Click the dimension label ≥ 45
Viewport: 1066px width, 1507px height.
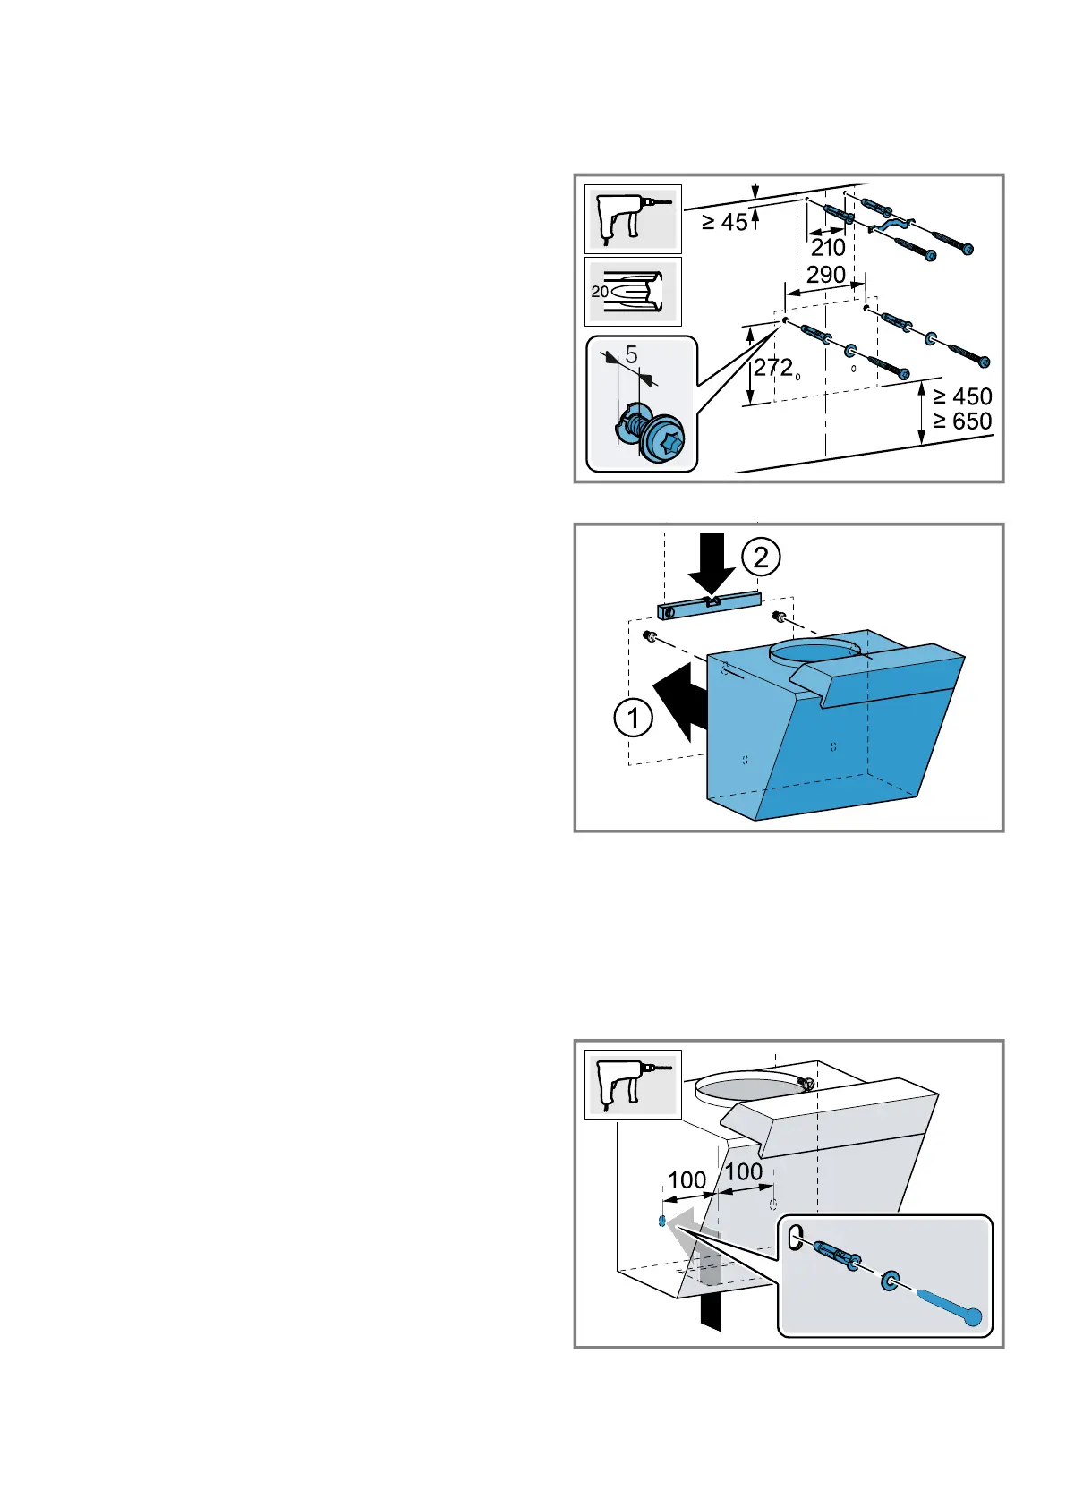(x=724, y=221)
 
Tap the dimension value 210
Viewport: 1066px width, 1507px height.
(x=828, y=247)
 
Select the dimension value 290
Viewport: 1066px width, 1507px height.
(x=825, y=275)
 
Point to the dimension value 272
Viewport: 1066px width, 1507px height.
(x=773, y=367)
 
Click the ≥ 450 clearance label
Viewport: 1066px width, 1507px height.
(x=962, y=396)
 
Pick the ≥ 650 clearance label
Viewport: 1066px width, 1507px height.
(x=962, y=421)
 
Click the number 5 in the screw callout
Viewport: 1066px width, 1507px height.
(x=632, y=355)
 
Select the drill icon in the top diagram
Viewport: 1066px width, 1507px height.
(x=633, y=219)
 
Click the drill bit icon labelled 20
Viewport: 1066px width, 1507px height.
(x=633, y=292)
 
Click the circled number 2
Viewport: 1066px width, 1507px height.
(x=761, y=558)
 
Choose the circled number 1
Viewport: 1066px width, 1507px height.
(x=634, y=718)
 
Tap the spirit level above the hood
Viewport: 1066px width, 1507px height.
(x=709, y=605)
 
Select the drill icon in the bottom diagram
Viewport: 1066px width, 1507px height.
(x=633, y=1084)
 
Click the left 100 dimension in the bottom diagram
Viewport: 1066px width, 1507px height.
(x=687, y=1180)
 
